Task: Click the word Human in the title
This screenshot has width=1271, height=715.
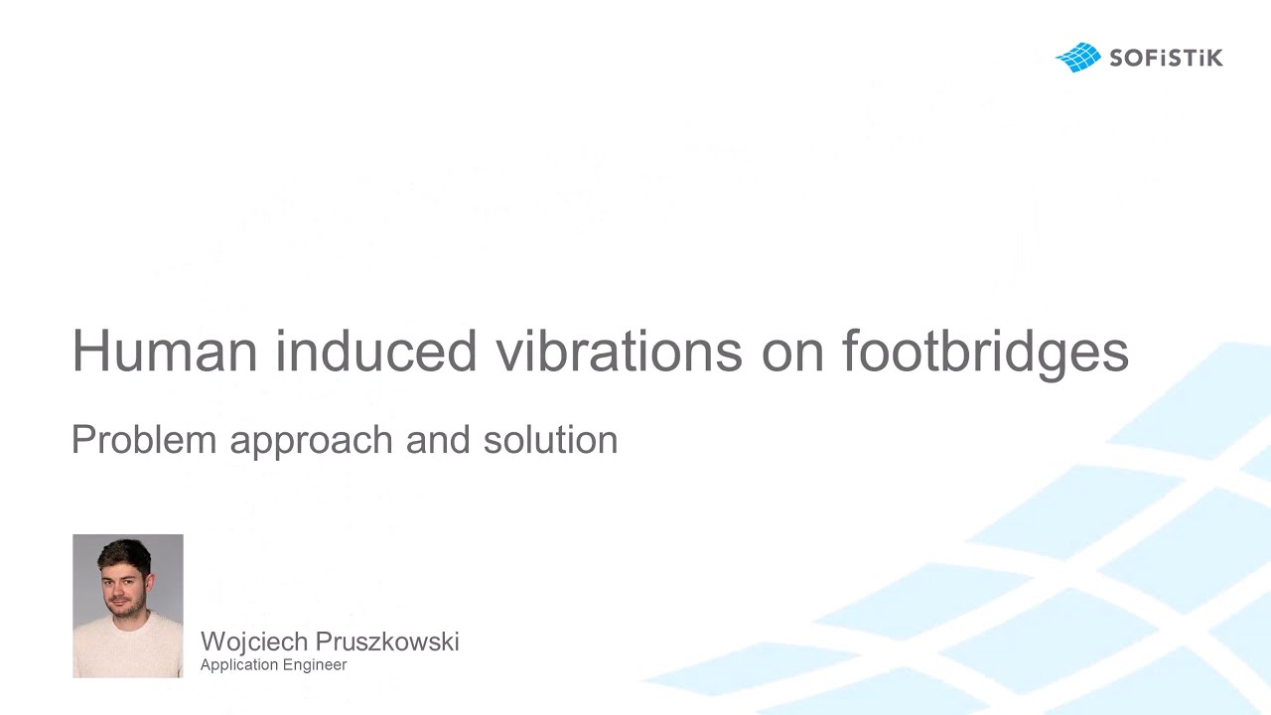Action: [x=165, y=351]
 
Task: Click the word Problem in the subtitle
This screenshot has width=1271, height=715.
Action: [x=144, y=439]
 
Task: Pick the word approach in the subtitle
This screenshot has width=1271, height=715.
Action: [x=312, y=443]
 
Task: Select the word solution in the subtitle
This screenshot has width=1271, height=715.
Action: [x=550, y=439]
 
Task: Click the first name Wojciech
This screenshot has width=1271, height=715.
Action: [x=254, y=643]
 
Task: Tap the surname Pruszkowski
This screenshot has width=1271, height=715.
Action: [x=387, y=642]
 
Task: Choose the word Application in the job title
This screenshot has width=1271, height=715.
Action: [x=239, y=665]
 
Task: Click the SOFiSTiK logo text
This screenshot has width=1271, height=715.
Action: [x=1166, y=58]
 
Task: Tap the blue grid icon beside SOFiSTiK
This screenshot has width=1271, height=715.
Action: [x=1078, y=58]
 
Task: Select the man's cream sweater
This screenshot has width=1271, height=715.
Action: [x=128, y=648]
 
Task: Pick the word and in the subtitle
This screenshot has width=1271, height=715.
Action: [x=438, y=439]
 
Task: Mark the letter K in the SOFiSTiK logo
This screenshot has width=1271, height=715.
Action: [x=1213, y=59]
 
